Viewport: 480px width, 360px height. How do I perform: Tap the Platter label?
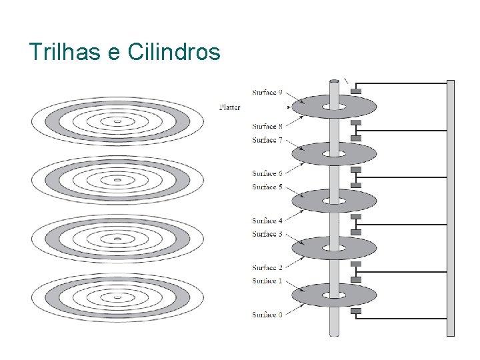click(x=229, y=107)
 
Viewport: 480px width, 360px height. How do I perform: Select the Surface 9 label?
click(x=267, y=92)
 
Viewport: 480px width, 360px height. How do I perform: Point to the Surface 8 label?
click(x=267, y=126)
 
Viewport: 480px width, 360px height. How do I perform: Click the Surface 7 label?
click(x=267, y=140)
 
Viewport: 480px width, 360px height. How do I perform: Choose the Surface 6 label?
click(x=267, y=173)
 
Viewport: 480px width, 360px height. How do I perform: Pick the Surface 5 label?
click(x=267, y=187)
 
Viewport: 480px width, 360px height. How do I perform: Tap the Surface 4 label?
click(x=267, y=221)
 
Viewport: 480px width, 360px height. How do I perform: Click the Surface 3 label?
click(x=267, y=234)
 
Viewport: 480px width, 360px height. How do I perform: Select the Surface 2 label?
click(x=267, y=268)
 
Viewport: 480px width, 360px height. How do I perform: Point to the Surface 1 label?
click(x=267, y=281)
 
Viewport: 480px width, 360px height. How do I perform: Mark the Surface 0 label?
click(x=267, y=315)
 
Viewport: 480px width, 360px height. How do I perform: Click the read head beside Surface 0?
click(x=356, y=311)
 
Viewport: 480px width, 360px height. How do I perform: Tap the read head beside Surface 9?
click(x=356, y=91)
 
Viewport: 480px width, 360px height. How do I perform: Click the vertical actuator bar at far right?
click(x=451, y=207)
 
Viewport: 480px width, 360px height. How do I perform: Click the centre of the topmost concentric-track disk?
click(x=117, y=121)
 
